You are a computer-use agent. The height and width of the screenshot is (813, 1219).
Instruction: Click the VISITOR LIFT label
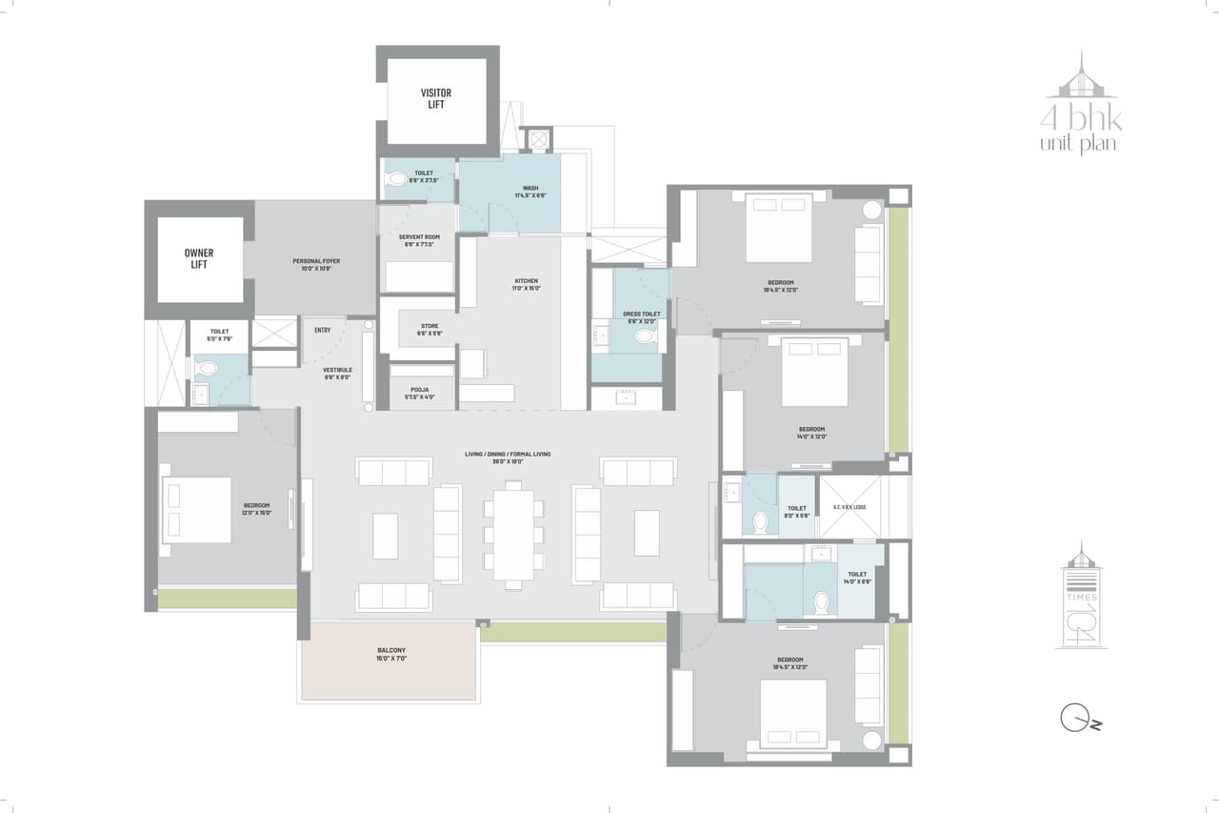tap(436, 98)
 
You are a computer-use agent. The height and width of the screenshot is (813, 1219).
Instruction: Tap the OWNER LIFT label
tap(199, 258)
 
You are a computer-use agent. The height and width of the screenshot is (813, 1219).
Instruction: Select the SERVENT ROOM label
tap(419, 239)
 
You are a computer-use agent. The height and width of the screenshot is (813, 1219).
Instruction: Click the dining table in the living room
tap(513, 534)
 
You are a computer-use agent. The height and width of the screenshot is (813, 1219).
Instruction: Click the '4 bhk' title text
tap(1081, 120)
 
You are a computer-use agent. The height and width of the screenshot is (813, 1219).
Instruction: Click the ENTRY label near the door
tap(322, 331)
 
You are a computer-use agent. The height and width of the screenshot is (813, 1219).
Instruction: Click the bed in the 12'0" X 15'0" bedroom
tap(198, 510)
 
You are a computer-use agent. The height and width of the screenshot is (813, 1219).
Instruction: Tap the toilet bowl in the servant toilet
tap(397, 177)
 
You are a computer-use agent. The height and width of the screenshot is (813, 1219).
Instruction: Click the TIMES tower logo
tap(1081, 597)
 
